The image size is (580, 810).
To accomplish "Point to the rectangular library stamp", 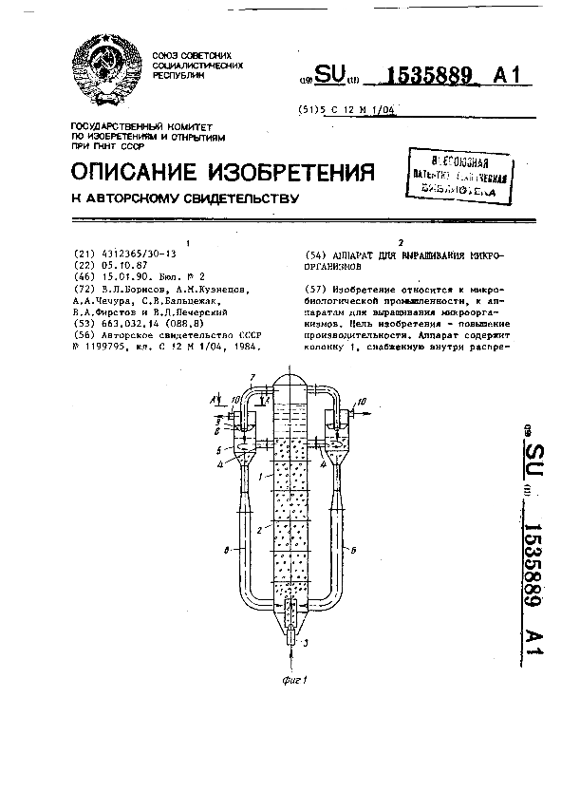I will (464, 175).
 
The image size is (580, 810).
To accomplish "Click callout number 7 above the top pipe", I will (251, 378).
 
